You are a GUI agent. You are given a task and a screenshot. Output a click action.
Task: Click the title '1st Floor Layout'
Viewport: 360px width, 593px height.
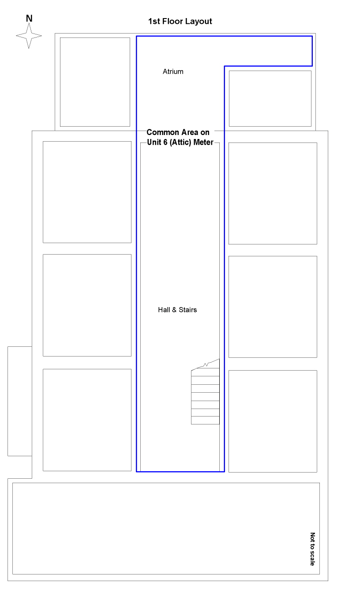180,22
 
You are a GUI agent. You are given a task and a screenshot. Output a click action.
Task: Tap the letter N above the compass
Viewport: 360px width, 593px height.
29,19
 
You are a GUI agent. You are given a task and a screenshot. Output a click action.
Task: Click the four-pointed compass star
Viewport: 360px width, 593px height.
29,36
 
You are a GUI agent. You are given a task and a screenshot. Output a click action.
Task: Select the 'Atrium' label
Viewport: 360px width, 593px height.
173,71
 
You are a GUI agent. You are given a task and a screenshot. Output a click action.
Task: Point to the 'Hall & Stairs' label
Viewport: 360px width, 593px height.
177,310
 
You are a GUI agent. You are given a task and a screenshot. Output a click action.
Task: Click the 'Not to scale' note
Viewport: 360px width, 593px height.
313,549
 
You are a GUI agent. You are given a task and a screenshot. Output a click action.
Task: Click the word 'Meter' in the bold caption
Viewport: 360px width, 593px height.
203,142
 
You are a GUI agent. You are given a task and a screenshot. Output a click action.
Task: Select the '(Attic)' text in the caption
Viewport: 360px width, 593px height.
180,143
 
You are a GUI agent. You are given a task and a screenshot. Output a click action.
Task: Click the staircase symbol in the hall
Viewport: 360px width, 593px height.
206,392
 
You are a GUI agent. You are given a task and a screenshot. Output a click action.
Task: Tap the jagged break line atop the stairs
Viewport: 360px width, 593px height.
206,364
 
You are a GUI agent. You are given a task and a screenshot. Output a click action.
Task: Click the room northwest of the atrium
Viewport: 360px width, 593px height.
95,82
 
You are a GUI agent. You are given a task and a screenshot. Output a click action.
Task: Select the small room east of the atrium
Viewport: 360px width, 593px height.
270,98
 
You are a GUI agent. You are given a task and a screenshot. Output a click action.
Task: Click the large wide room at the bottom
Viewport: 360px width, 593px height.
166,529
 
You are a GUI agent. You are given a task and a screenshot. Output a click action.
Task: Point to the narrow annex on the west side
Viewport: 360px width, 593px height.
20,402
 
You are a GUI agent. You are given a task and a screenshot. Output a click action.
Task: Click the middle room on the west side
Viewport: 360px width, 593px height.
87,305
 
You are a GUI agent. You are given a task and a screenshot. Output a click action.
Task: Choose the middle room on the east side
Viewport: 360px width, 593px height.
273,307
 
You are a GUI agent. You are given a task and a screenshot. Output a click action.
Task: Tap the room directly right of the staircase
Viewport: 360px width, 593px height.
273,421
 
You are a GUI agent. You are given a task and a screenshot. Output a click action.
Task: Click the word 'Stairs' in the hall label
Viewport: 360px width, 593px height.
187,310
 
